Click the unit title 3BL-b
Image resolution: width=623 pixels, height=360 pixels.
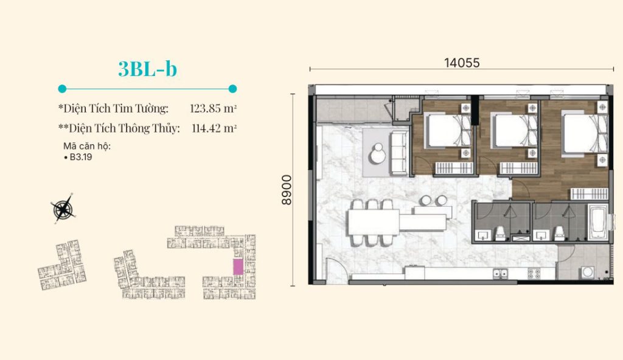147,69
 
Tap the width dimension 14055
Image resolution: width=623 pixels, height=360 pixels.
462,63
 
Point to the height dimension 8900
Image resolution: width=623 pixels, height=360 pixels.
287,190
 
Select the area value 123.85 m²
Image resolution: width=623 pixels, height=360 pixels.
214,108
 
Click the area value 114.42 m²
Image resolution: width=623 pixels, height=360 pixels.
214,128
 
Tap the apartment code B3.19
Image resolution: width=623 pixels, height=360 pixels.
81,157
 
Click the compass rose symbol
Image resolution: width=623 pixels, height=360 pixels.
63,209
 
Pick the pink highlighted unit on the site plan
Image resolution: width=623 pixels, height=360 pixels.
238,266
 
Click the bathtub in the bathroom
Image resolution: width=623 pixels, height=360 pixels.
597,222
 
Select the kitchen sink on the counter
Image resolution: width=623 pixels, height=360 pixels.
500,273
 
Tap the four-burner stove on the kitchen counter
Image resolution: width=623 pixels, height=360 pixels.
534,273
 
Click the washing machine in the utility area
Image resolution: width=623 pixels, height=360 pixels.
587,272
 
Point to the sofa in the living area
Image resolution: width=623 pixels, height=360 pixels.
399,153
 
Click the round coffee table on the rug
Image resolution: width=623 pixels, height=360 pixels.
377,154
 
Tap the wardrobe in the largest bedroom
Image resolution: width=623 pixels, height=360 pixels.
589,193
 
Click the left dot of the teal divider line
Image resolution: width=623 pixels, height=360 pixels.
62,89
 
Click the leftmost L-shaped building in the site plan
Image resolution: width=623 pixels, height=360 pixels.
63,265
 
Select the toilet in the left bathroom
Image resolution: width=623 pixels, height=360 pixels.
500,234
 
